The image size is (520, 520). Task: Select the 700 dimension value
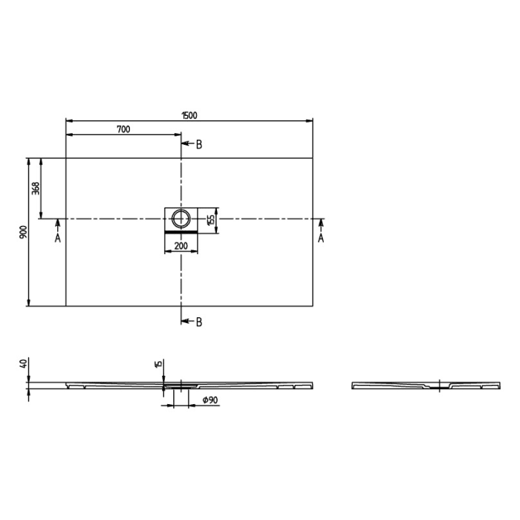[x=123, y=129]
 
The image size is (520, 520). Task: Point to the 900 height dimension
[x=24, y=232]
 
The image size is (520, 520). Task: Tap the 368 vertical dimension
[x=36, y=188]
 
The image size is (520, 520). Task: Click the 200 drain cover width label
[x=181, y=245]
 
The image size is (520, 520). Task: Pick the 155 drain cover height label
[x=211, y=219]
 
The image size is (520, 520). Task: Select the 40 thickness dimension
[x=24, y=364]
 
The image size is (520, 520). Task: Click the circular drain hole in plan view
[x=181, y=218]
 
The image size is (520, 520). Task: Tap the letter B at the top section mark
[x=199, y=144]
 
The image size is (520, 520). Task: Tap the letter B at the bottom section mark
[x=199, y=322]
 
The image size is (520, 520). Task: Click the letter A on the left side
[x=57, y=238]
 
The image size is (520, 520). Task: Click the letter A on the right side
[x=321, y=238]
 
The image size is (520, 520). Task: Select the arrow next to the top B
[x=187, y=144]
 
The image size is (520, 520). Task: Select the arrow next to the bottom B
[x=187, y=322]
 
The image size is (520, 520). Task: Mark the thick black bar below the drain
[x=181, y=231]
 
